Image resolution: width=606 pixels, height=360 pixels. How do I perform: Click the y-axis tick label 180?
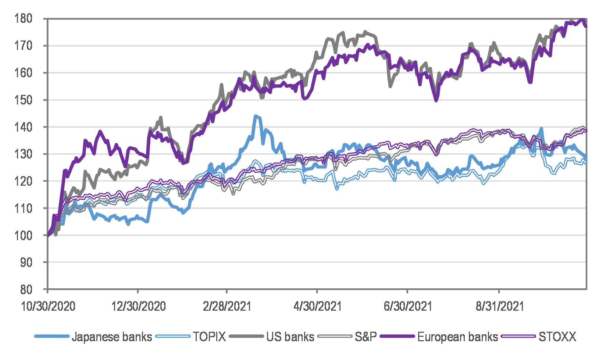coord(23,18)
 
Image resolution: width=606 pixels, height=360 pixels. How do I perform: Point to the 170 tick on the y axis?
coord(23,46)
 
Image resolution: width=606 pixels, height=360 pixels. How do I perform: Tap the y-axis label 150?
coord(23,100)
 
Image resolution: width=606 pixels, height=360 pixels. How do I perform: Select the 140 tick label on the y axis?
coord(23,127)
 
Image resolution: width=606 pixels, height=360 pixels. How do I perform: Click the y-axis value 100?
coord(23,235)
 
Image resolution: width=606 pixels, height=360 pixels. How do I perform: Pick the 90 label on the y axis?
coord(26,262)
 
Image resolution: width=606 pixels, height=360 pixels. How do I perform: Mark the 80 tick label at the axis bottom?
coord(26,289)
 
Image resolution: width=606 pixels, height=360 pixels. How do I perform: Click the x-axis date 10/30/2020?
coord(48,306)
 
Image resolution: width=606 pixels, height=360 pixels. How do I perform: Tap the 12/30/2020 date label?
coord(138,306)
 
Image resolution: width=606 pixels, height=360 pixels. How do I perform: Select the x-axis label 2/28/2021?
coord(227,306)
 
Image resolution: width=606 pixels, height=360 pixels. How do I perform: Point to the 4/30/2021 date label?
coord(317,306)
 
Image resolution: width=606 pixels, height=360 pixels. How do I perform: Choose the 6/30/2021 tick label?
coord(407,306)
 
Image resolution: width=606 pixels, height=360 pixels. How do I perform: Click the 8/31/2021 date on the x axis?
coord(499,306)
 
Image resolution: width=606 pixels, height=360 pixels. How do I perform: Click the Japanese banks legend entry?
coord(112,336)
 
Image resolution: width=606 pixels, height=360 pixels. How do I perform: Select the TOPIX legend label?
coord(209,336)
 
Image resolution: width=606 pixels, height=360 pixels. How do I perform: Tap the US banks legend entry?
coord(290,336)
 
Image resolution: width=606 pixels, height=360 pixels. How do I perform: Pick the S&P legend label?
coord(366,336)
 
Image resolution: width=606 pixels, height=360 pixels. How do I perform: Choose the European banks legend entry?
coord(457,336)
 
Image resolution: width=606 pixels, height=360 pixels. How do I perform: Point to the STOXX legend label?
coord(557,336)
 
